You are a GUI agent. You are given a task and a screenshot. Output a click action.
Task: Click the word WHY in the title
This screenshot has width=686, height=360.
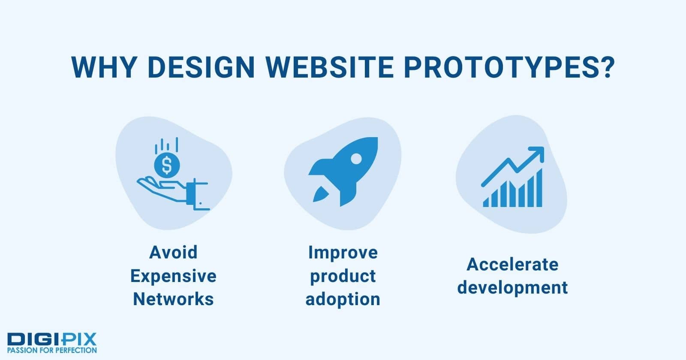[104, 67]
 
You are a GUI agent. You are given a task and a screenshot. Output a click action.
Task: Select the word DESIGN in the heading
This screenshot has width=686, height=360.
[201, 67]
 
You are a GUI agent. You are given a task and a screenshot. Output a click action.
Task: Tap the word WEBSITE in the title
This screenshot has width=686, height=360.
[330, 67]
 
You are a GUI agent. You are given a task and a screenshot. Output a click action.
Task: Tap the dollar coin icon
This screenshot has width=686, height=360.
[167, 165]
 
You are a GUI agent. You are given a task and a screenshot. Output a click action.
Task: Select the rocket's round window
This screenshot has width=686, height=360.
[356, 158]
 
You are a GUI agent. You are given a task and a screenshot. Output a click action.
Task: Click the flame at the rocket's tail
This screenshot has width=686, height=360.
[320, 194]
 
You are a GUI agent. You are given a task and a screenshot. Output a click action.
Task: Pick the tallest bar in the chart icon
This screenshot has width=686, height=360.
[539, 188]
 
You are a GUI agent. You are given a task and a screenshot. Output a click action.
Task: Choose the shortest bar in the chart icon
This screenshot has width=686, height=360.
[486, 202]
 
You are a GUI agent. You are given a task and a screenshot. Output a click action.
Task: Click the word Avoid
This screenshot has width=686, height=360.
[173, 252]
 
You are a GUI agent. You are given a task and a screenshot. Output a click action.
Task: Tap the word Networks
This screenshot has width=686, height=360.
[173, 299]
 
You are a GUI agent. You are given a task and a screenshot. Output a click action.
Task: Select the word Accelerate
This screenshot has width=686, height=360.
[512, 264]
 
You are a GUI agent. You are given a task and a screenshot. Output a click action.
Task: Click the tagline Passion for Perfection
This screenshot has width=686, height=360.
[52, 350]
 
